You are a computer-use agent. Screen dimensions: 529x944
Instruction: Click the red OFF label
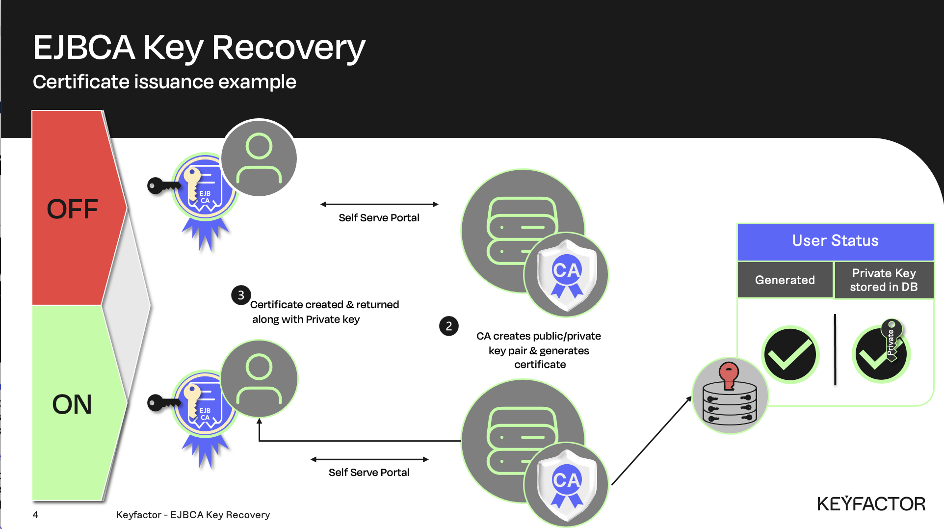pos(72,209)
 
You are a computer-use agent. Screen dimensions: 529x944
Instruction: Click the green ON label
pos(72,404)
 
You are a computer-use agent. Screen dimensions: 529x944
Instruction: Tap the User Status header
pos(835,241)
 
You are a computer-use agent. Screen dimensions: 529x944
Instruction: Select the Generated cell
pos(785,280)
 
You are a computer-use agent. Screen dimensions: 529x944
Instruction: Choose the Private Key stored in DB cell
pos(884,280)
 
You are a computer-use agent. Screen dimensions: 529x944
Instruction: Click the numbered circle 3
pos(241,295)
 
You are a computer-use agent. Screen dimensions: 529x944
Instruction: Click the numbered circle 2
pos(448,326)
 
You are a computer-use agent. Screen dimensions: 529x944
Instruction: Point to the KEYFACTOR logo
pos(871,504)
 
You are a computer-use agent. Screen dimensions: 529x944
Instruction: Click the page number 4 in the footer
pos(35,515)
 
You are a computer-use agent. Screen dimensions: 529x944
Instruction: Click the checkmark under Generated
pos(789,355)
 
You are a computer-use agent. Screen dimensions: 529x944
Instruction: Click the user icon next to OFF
pos(259,158)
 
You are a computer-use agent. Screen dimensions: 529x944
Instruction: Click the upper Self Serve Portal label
pos(379,218)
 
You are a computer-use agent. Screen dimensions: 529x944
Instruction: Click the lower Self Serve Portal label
pos(369,473)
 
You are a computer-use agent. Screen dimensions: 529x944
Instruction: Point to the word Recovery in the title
pos(288,48)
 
